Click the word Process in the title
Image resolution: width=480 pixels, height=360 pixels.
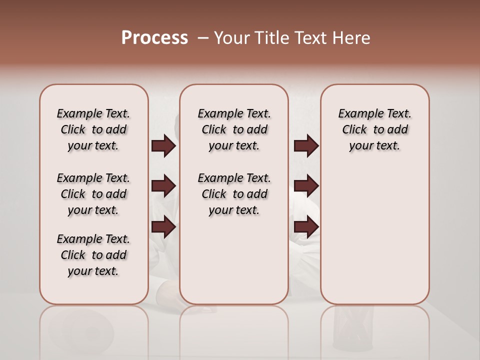click(x=154, y=38)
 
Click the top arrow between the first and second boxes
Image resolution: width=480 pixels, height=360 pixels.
click(x=163, y=145)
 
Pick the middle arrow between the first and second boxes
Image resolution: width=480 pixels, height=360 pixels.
click(x=163, y=186)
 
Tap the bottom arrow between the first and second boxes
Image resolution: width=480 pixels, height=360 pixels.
click(x=163, y=227)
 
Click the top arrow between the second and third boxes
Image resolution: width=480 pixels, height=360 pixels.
click(x=306, y=145)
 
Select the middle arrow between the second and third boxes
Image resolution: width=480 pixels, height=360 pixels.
click(x=306, y=186)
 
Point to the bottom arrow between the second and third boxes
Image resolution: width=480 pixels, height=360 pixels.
click(x=306, y=227)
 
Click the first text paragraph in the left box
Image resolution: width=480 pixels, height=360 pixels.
click(x=93, y=129)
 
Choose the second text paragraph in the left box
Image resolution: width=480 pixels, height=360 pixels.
click(x=93, y=194)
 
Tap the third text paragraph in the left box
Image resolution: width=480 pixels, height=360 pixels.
click(x=93, y=255)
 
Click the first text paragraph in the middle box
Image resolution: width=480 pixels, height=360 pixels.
click(x=234, y=129)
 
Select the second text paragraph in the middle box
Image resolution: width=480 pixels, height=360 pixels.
click(x=234, y=194)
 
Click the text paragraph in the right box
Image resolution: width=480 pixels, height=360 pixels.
click(x=374, y=129)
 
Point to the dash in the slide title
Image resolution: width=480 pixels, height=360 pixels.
click(x=203, y=38)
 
